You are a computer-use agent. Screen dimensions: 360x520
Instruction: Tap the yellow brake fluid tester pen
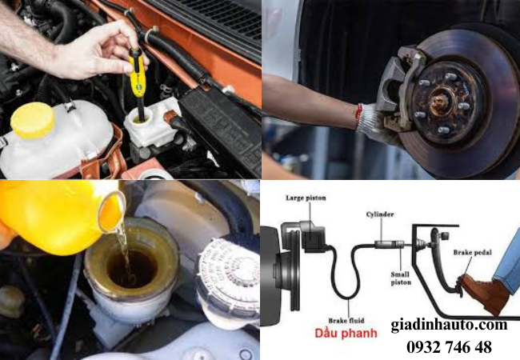click(x=137, y=68)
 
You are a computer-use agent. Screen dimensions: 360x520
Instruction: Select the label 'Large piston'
click(x=303, y=197)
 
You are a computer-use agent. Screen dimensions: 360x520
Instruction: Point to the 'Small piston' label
click(x=400, y=278)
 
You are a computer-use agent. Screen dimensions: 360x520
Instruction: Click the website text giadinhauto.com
click(x=448, y=324)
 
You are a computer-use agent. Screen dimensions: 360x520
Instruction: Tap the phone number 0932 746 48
click(x=449, y=346)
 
